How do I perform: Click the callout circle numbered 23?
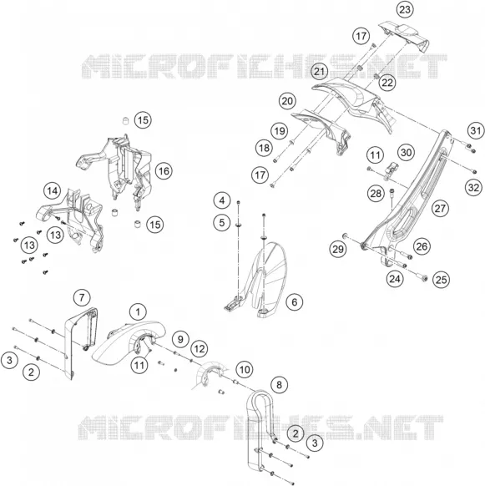click(405, 10)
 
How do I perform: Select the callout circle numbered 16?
click(164, 171)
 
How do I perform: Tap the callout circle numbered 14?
click(52, 191)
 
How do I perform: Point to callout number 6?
click(294, 302)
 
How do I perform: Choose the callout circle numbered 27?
click(440, 208)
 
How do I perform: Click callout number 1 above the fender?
click(138, 311)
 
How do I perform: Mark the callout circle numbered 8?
click(279, 385)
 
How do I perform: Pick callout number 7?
click(82, 297)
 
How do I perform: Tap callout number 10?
click(245, 369)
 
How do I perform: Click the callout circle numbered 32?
click(473, 187)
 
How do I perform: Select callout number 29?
click(338, 249)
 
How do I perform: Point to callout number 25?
click(441, 280)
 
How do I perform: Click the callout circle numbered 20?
click(287, 101)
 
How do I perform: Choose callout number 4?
click(222, 200)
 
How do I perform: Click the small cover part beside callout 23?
click(404, 36)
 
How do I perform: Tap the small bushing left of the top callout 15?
click(125, 120)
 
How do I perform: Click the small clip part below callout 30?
click(391, 171)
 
